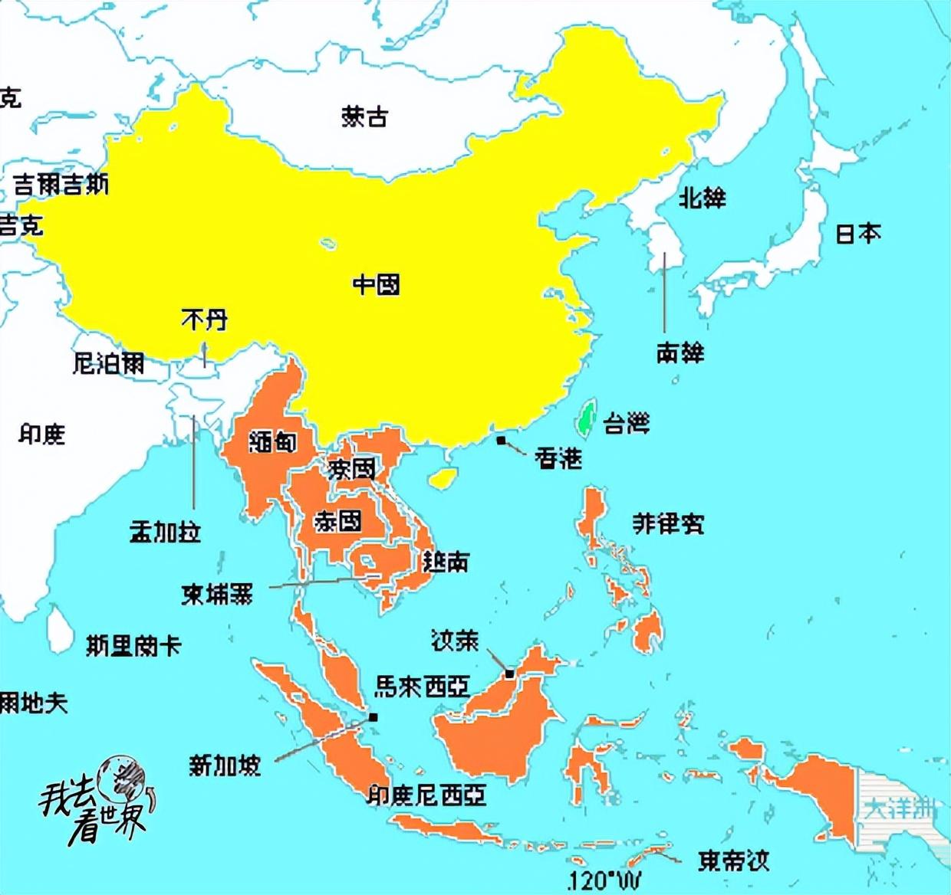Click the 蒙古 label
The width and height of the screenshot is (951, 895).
(x=364, y=116)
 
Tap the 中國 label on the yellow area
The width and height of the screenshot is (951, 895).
(x=376, y=285)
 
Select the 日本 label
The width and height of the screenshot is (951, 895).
(x=857, y=233)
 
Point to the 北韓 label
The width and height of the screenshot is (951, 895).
(x=702, y=198)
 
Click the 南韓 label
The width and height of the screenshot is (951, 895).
(x=680, y=352)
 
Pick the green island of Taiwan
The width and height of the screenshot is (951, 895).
(x=588, y=418)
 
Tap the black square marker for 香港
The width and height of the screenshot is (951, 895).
(x=501, y=441)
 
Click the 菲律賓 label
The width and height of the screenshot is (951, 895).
(x=667, y=523)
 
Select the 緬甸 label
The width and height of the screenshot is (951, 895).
(x=272, y=441)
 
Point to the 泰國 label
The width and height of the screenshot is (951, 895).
(x=337, y=522)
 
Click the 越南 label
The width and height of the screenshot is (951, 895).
(x=445, y=563)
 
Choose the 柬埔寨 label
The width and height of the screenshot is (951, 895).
(x=216, y=594)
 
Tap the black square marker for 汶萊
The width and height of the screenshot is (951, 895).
(x=509, y=674)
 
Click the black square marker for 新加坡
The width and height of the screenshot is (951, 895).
(x=373, y=717)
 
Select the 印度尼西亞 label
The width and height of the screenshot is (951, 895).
(x=426, y=795)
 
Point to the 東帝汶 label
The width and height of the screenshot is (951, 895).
(x=732, y=861)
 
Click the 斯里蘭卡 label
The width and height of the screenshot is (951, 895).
(x=133, y=645)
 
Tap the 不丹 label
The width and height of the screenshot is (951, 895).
(x=204, y=319)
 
